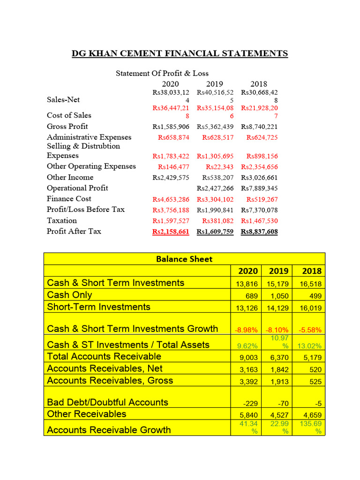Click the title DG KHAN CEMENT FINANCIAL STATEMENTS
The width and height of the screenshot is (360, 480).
[x=180, y=53]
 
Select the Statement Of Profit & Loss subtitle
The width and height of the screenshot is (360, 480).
[x=162, y=73]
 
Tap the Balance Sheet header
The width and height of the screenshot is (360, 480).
[x=184, y=259]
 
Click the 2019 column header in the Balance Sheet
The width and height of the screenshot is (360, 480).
[x=278, y=271]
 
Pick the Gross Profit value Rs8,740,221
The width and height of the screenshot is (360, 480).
[x=259, y=127]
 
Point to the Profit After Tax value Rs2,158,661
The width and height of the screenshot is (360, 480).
[x=171, y=232]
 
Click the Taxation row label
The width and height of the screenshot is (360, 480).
[x=61, y=220]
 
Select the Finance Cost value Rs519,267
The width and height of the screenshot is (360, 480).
[x=262, y=199]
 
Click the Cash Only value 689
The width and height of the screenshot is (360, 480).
[x=252, y=296]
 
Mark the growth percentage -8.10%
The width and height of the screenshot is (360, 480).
[x=278, y=330]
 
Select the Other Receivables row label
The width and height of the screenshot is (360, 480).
[x=86, y=414]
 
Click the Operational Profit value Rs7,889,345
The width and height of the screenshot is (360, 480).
[x=259, y=188]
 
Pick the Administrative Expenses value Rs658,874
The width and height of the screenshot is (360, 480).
[x=173, y=137]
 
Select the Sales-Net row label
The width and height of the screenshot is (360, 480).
[x=63, y=99]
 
